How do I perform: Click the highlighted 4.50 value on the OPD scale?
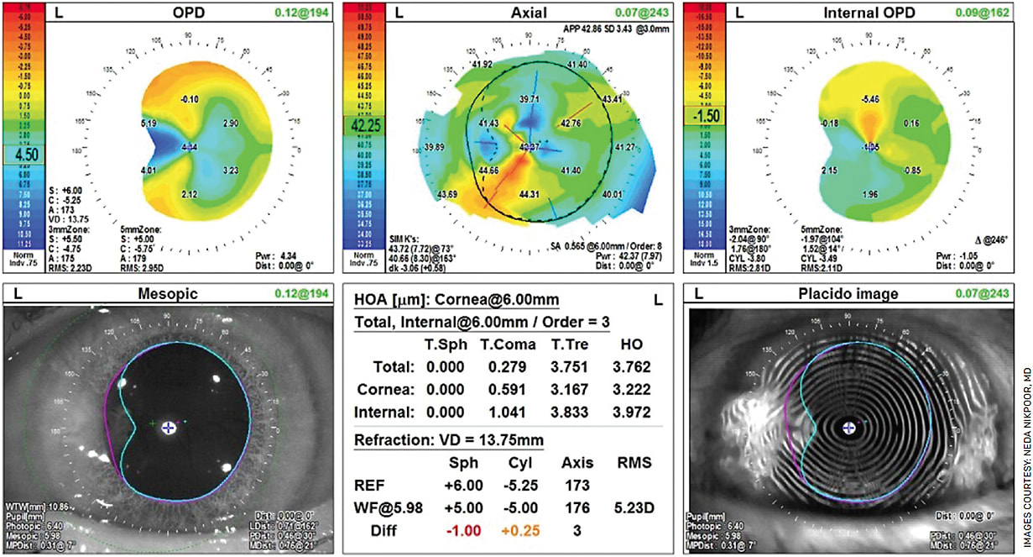(21, 155)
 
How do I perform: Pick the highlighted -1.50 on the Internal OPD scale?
(704, 115)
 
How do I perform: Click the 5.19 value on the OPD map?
(150, 123)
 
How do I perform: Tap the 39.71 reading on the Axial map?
(529, 100)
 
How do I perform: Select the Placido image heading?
(858, 293)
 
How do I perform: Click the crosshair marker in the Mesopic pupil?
(169, 427)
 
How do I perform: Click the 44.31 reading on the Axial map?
(530, 194)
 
